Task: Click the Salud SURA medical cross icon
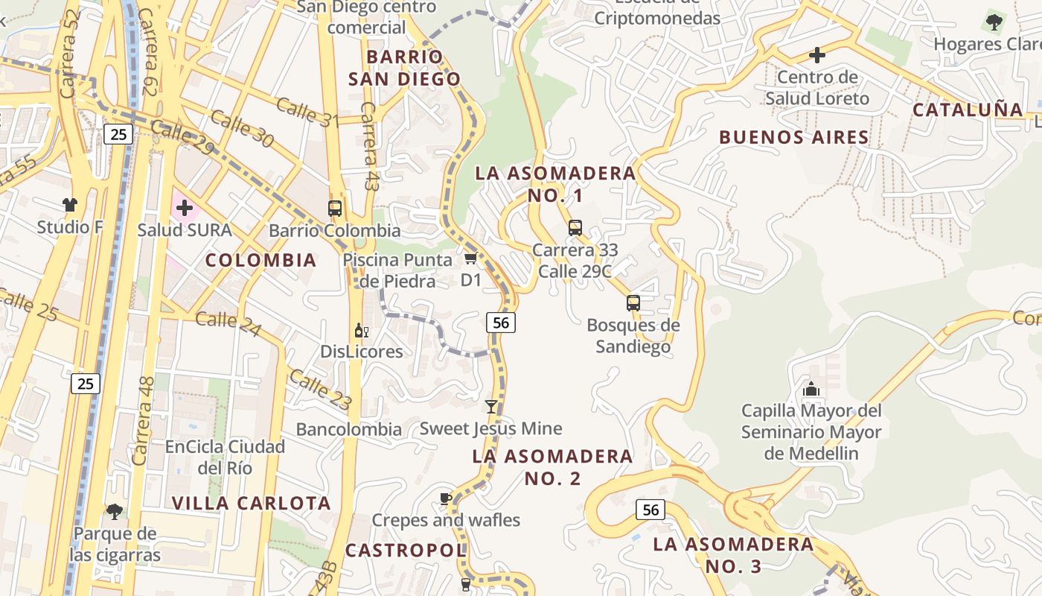tap(185, 208)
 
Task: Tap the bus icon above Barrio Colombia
tap(335, 209)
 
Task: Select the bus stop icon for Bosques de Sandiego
tap(633, 303)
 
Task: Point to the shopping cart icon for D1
tap(470, 259)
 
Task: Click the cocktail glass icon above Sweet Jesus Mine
tap(490, 406)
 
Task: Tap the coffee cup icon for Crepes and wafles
tap(445, 498)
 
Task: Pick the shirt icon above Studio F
tap(70, 205)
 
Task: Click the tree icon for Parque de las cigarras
tap(115, 511)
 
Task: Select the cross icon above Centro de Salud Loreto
tap(817, 55)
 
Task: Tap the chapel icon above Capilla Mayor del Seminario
tap(811, 389)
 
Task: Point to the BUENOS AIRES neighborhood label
tap(794, 137)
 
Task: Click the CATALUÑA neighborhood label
tap(968, 110)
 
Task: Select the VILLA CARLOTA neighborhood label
tap(252, 503)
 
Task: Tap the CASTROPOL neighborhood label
tap(406, 551)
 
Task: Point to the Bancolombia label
tap(349, 429)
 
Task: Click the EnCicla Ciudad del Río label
tap(225, 457)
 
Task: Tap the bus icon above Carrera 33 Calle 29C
tap(575, 228)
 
